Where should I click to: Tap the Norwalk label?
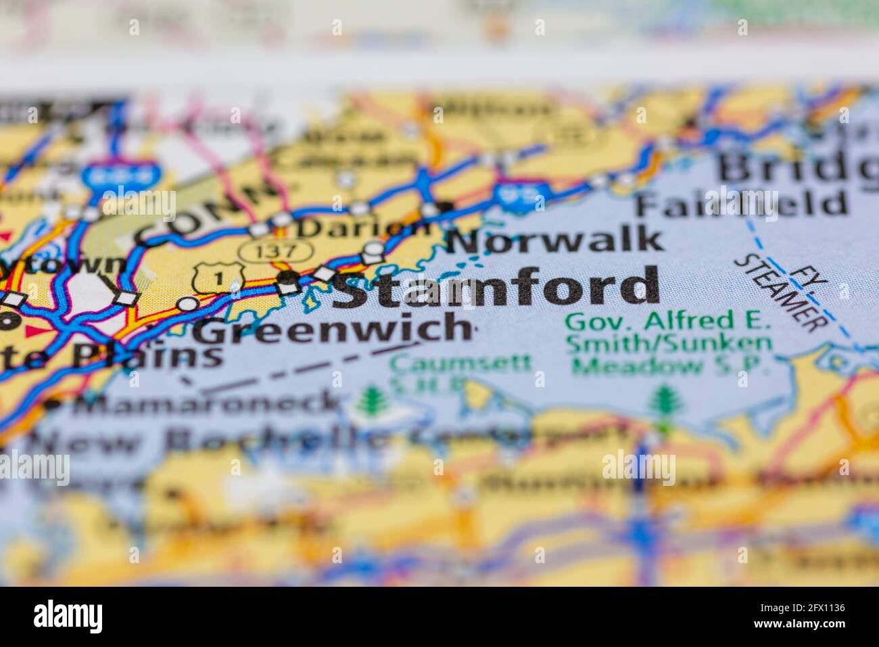tap(554, 240)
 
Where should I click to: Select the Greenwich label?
tap(331, 330)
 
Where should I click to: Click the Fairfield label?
tap(740, 202)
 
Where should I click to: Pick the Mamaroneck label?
tap(206, 404)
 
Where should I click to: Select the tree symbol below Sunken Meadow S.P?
tap(662, 403)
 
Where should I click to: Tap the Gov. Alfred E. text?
tap(668, 320)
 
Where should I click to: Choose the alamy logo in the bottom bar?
tap(68, 616)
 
